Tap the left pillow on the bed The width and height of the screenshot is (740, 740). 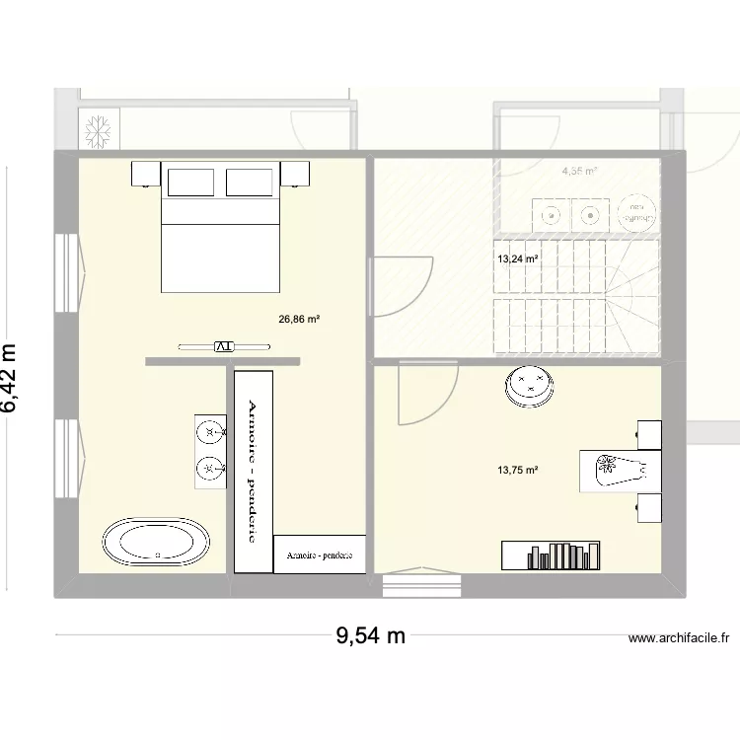click(x=190, y=183)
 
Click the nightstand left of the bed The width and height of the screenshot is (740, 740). click(x=146, y=174)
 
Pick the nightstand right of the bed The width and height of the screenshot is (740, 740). click(x=295, y=174)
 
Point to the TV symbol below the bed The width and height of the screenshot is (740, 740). click(x=223, y=346)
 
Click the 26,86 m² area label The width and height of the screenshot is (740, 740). click(x=300, y=320)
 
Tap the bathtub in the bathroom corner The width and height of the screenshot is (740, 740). click(x=156, y=542)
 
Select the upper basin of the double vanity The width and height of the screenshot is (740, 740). click(x=209, y=432)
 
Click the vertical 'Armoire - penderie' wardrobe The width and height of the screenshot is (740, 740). click(x=253, y=471)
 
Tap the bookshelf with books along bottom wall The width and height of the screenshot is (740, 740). click(x=552, y=555)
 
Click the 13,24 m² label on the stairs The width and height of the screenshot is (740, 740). click(x=518, y=259)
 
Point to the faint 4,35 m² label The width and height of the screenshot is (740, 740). click(x=579, y=172)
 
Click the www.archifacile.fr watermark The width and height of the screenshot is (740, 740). click(x=678, y=639)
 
